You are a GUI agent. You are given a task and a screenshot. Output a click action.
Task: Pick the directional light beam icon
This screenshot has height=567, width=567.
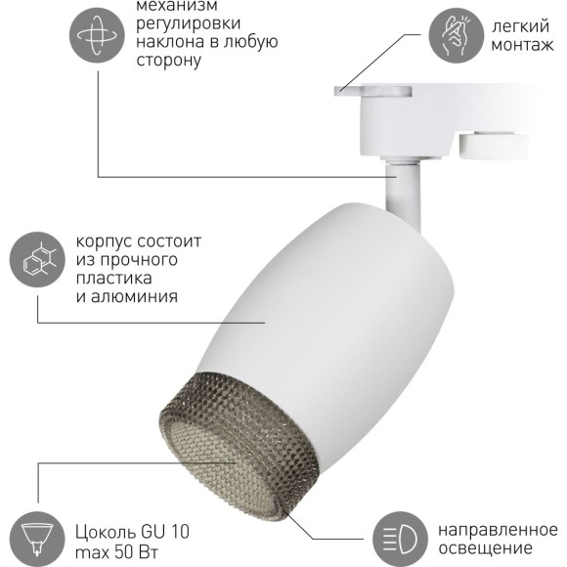point(402,535)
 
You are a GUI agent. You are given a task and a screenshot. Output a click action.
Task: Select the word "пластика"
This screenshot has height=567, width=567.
point(113,278)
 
